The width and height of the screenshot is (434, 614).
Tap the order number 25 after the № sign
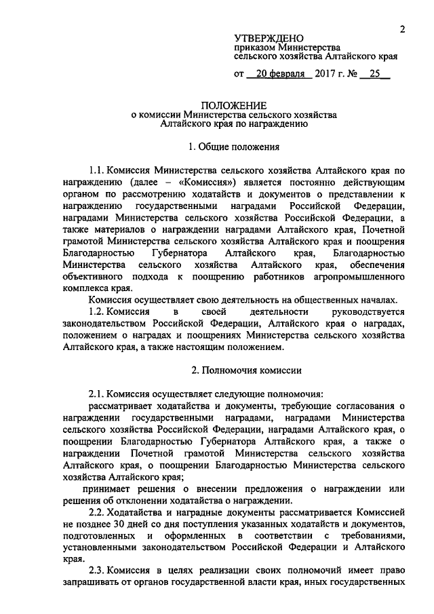(x=375, y=75)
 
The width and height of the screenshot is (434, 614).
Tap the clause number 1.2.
(x=98, y=311)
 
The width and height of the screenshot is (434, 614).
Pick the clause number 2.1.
(x=98, y=394)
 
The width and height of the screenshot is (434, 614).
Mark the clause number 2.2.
(x=98, y=513)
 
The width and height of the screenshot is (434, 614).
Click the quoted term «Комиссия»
(x=206, y=183)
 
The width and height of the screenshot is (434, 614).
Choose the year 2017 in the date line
(x=325, y=75)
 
